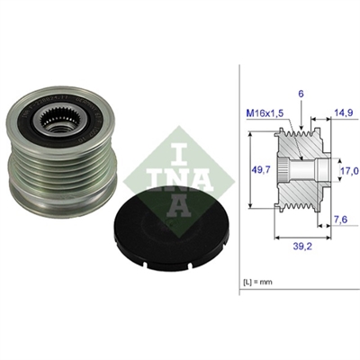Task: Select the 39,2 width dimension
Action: pyautogui.click(x=302, y=247)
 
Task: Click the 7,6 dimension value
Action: pyautogui.click(x=340, y=220)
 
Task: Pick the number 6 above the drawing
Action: pyautogui.click(x=301, y=94)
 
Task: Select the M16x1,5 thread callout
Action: pyautogui.click(x=265, y=113)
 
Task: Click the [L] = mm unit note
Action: pyautogui.click(x=257, y=282)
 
